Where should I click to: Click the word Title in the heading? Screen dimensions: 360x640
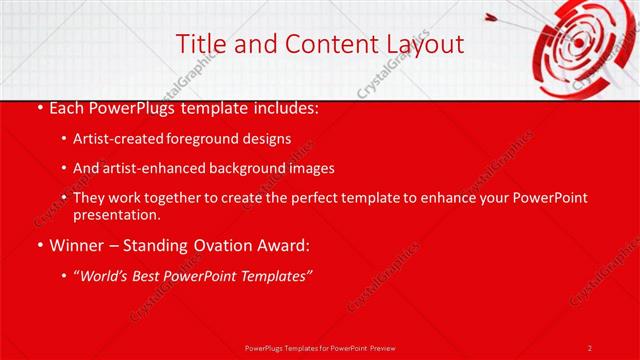tap(199, 44)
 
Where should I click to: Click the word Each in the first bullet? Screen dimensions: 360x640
tap(67, 107)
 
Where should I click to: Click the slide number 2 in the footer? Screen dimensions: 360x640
tap(590, 347)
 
